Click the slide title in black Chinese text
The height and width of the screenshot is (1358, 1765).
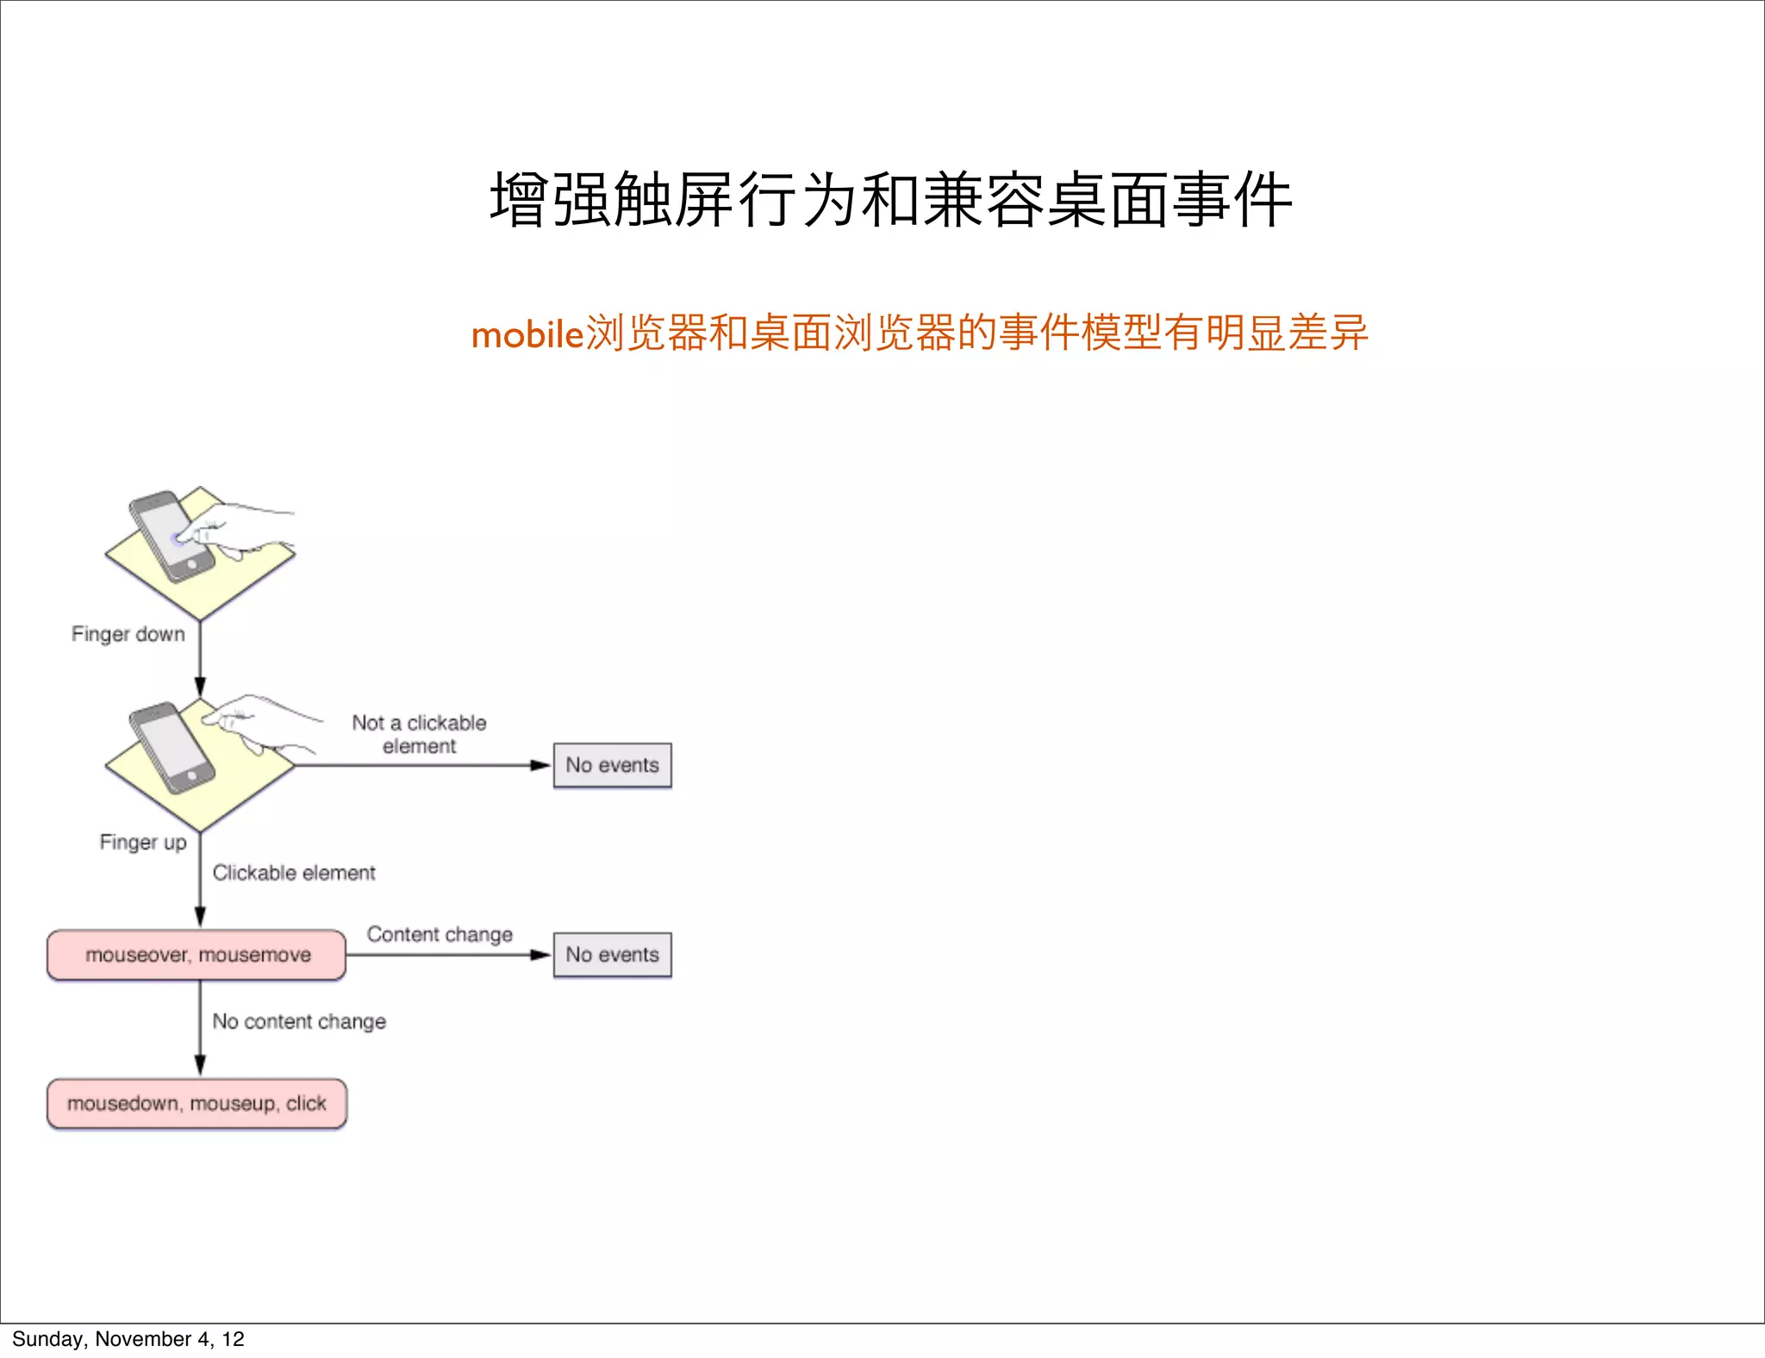(x=890, y=201)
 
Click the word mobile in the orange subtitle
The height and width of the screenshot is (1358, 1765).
(x=527, y=334)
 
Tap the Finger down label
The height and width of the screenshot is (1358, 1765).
(x=128, y=634)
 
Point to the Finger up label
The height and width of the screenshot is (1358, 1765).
(x=143, y=842)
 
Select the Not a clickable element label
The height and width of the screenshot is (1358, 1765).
(x=419, y=734)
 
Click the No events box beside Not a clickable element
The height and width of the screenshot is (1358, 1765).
(x=612, y=765)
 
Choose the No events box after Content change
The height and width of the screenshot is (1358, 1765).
(x=612, y=955)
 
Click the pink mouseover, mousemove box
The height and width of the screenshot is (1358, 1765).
(x=197, y=955)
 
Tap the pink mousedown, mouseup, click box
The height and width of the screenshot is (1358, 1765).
(x=197, y=1104)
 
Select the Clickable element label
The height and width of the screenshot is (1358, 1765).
(x=294, y=873)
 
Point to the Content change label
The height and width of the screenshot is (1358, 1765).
(x=440, y=934)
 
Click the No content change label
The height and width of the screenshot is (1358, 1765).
(x=299, y=1021)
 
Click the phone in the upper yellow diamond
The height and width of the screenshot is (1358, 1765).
(x=171, y=536)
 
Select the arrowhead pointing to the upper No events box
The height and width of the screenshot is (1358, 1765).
(x=540, y=765)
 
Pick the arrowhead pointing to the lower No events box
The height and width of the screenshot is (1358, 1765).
(x=540, y=955)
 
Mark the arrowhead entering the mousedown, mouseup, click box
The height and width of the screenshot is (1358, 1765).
(x=200, y=1066)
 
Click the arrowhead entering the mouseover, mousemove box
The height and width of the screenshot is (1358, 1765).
(x=200, y=917)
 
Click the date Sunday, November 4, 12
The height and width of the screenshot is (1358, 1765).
(x=128, y=1339)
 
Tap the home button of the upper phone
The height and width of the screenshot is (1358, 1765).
(x=192, y=564)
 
